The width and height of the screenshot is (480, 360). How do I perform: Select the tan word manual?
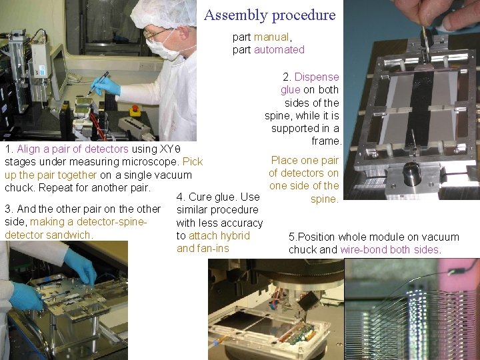(271, 37)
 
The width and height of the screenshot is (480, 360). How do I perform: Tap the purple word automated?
(279, 49)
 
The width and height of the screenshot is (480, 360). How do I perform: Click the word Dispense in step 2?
(317, 77)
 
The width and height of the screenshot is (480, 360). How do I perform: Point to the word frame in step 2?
(326, 141)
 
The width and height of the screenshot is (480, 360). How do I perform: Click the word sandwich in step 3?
(69, 235)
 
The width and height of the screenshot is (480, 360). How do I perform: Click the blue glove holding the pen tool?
(105, 86)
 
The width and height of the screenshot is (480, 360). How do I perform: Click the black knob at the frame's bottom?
(412, 174)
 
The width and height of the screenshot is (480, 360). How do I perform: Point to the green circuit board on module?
(299, 334)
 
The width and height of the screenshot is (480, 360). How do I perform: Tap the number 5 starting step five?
(291, 237)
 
